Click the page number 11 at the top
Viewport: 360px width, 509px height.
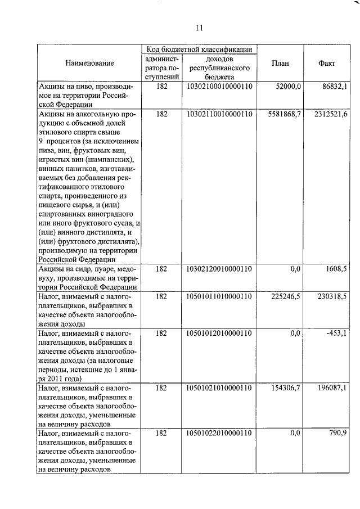pyautogui.click(x=199, y=28)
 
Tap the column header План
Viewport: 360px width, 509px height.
pyautogui.click(x=280, y=64)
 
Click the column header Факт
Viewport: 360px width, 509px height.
pyautogui.click(x=326, y=64)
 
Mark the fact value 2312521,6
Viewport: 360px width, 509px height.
pyautogui.click(x=331, y=114)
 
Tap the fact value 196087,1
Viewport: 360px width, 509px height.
pyautogui.click(x=332, y=389)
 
